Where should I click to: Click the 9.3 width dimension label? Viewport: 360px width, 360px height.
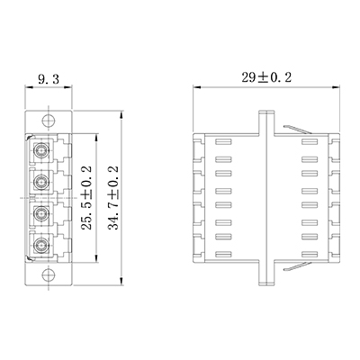pos(49,79)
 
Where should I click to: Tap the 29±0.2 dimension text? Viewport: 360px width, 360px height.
pos(266,77)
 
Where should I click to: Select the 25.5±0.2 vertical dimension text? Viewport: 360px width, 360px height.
pos(86,198)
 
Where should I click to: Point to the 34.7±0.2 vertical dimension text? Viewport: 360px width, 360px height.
pos(113,198)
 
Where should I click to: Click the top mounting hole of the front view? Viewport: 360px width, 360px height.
pos(49,121)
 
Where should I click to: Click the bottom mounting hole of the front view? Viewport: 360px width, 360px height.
pos(49,274)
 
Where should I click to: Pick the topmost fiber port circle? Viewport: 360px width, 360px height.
pos(40,149)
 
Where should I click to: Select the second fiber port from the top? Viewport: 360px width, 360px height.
pos(40,182)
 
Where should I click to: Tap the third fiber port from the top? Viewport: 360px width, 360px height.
pos(40,213)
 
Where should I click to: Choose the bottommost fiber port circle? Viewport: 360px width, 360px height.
pos(40,246)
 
